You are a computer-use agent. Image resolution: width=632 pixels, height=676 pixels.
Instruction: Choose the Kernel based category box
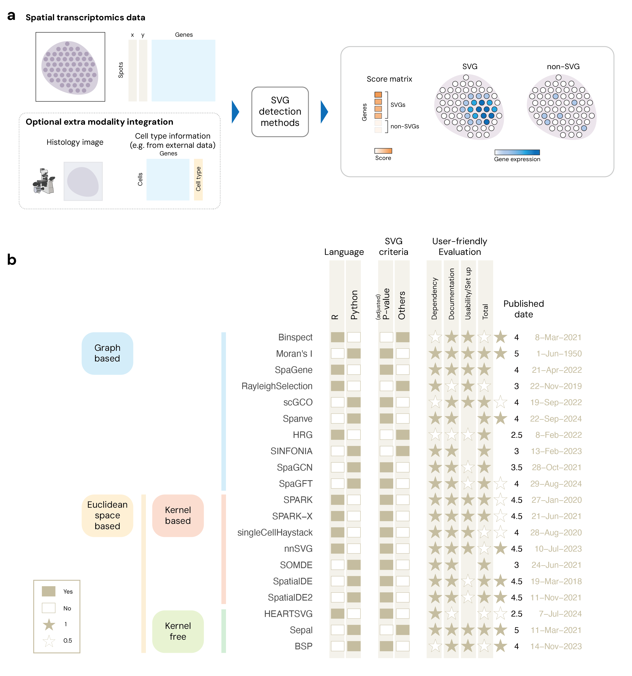[x=178, y=515]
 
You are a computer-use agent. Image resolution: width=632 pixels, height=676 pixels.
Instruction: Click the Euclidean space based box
[x=107, y=515]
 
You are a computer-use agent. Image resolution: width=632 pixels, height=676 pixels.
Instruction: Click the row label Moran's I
[x=294, y=354]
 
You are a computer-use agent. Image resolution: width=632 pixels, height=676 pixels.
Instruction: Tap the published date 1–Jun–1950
[x=559, y=354]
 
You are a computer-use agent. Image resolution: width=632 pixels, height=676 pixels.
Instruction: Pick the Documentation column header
[x=451, y=294]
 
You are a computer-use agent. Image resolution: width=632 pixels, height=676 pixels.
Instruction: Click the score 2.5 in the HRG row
[x=516, y=435]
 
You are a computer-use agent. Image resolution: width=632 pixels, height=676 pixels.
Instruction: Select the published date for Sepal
[x=556, y=630]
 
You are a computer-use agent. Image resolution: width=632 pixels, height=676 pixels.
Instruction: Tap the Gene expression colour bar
[x=517, y=152]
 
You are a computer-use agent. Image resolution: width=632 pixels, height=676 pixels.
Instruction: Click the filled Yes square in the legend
[x=49, y=591]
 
